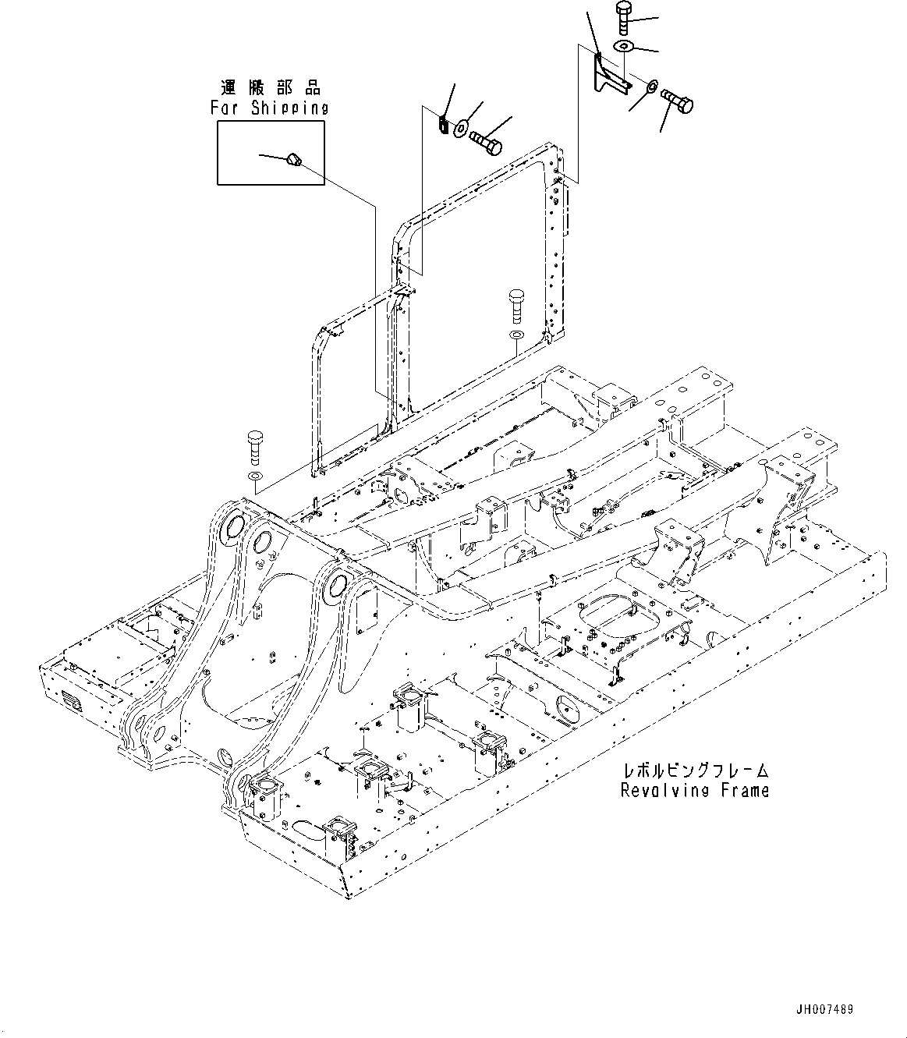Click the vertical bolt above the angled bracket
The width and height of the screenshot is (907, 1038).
pos(625,18)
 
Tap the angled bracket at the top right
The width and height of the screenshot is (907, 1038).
pos(607,75)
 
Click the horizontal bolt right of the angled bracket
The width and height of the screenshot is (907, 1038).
pos(677,101)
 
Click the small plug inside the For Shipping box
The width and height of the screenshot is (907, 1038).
pos(294,160)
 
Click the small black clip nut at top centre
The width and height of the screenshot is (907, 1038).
pos(441,124)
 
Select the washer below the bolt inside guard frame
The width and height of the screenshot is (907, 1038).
pos(514,335)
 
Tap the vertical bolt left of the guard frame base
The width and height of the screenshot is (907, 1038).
pos(255,446)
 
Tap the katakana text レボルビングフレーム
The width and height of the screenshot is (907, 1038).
pos(694,771)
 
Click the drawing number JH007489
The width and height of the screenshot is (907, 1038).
pos(825,1009)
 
